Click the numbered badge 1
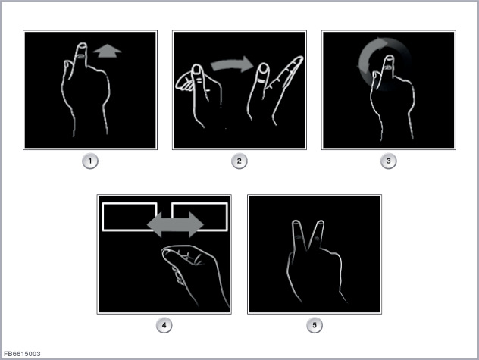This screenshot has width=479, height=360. coord(90,161)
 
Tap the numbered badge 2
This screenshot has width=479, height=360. coord(239,161)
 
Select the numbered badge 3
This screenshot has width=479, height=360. coord(388,161)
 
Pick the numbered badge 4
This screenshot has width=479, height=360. coord(164,325)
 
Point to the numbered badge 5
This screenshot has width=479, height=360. coord(315,325)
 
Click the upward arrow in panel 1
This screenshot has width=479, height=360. coord(107,51)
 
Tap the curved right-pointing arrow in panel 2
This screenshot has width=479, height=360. coord(232,64)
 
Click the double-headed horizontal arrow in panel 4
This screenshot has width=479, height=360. coord(175,224)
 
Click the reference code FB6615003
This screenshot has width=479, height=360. coord(22,354)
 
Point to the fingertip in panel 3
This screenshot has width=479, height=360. coord(390,61)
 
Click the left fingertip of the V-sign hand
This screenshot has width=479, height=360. coord(296,225)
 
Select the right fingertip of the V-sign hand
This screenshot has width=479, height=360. coord(320,225)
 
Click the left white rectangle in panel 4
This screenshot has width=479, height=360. coord(130,217)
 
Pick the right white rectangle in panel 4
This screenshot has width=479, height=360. coord(200,217)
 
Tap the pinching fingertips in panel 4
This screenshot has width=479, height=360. coord(167,253)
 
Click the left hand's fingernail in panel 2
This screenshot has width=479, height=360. coord(197,70)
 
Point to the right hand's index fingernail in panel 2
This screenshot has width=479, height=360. coord(263,68)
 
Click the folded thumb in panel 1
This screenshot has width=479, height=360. coord(67,70)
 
